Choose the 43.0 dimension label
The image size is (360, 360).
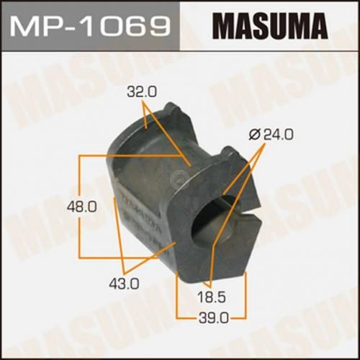124,284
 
